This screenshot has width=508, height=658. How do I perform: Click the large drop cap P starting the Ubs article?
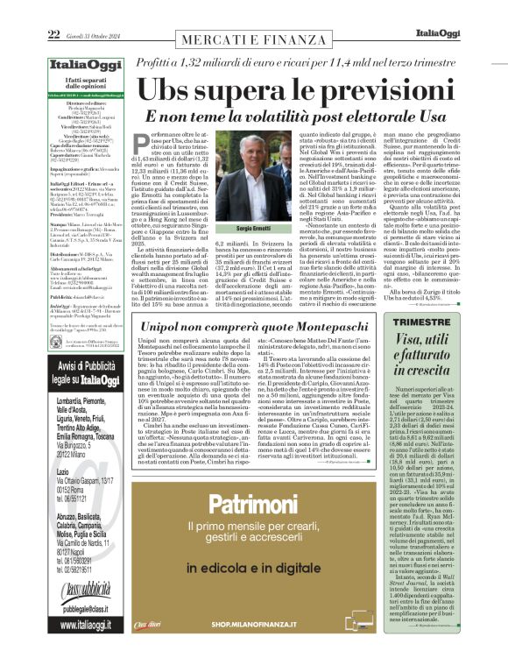140,145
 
